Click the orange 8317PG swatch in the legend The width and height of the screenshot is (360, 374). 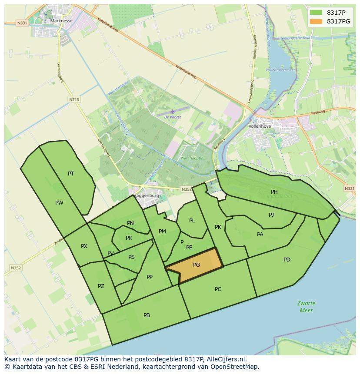(316, 21)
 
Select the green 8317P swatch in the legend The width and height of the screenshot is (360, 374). (316, 13)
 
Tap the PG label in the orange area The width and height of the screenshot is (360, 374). (197, 265)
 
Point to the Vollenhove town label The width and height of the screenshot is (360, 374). (260, 126)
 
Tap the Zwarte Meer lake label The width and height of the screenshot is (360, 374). (306, 307)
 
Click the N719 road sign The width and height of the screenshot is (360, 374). (74, 99)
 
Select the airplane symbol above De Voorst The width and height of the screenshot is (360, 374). (173, 112)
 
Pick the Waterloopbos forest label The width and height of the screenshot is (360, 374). (192, 159)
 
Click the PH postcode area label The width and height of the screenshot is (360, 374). (274, 192)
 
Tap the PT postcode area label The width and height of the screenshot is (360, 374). (71, 174)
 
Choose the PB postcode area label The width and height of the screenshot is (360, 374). (147, 315)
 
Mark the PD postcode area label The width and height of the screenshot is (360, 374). (287, 260)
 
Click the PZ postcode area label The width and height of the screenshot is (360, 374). (101, 286)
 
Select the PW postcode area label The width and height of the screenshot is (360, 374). (59, 203)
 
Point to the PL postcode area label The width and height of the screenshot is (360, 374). (192, 221)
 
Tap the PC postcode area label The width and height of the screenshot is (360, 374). (218, 289)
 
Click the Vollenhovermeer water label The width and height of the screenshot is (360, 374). (280, 70)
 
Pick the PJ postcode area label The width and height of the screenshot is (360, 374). (271, 215)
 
